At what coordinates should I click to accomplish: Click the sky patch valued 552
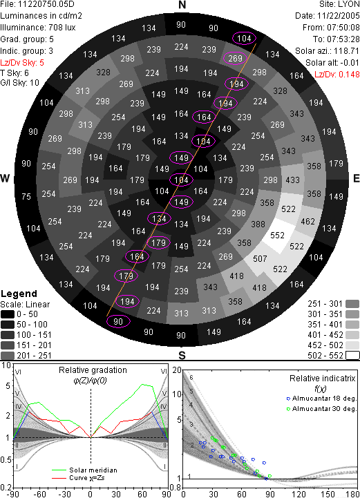click(x=277, y=236)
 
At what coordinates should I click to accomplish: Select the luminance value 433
click(x=293, y=180)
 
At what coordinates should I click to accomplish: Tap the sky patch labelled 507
click(x=260, y=259)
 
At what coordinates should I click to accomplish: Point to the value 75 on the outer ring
click(x=26, y=197)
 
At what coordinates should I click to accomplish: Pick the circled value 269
click(x=235, y=59)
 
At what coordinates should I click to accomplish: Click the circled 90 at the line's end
click(x=118, y=321)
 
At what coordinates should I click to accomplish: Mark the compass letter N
click(x=182, y=5)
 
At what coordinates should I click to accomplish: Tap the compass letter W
click(x=5, y=178)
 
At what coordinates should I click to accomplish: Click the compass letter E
click(x=357, y=178)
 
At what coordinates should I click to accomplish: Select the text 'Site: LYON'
click(x=339, y=4)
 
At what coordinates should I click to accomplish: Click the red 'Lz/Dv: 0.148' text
click(x=337, y=75)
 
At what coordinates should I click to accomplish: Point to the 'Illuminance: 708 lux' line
click(x=38, y=28)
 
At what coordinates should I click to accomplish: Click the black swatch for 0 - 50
click(x=8, y=314)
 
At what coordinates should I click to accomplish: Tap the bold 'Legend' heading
click(x=19, y=294)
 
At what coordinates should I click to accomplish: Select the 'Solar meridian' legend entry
click(x=84, y=470)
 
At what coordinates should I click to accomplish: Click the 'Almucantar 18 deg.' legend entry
click(x=321, y=399)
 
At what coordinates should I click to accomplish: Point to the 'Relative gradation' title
click(x=93, y=370)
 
